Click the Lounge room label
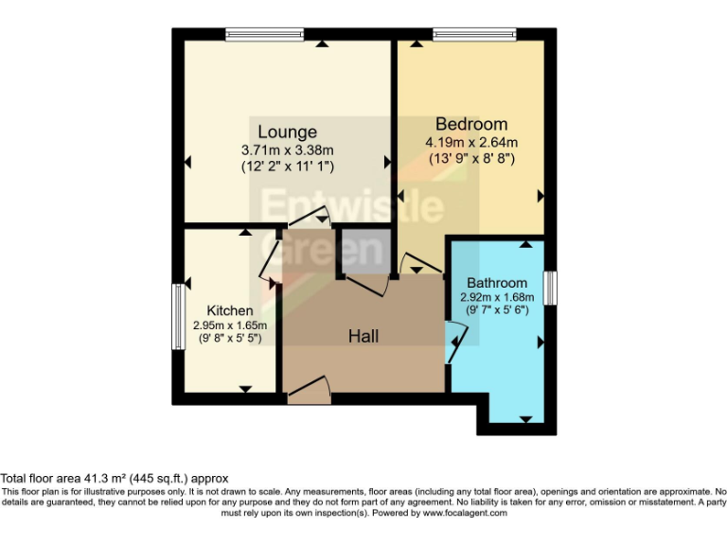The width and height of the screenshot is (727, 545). click(287, 132)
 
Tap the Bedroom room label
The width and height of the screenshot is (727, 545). click(470, 124)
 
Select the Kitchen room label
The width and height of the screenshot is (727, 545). click(230, 310)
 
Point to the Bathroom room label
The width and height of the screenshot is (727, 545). click(497, 283)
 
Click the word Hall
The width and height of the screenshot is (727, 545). click(364, 336)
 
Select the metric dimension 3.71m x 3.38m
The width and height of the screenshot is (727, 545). click(287, 149)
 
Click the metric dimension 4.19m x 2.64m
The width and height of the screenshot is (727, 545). click(470, 142)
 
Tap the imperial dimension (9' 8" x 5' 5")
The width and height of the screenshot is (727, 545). click(230, 337)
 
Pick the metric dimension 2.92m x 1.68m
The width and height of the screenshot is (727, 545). click(497, 296)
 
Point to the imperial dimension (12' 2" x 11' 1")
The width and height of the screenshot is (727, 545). click(287, 166)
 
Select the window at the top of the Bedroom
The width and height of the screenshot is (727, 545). click(474, 34)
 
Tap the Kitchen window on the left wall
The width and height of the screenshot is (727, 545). click(176, 317)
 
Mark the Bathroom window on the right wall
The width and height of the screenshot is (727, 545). click(550, 288)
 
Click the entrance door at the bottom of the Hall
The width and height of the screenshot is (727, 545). click(308, 391)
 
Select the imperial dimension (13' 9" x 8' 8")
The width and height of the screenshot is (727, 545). click(470, 159)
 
